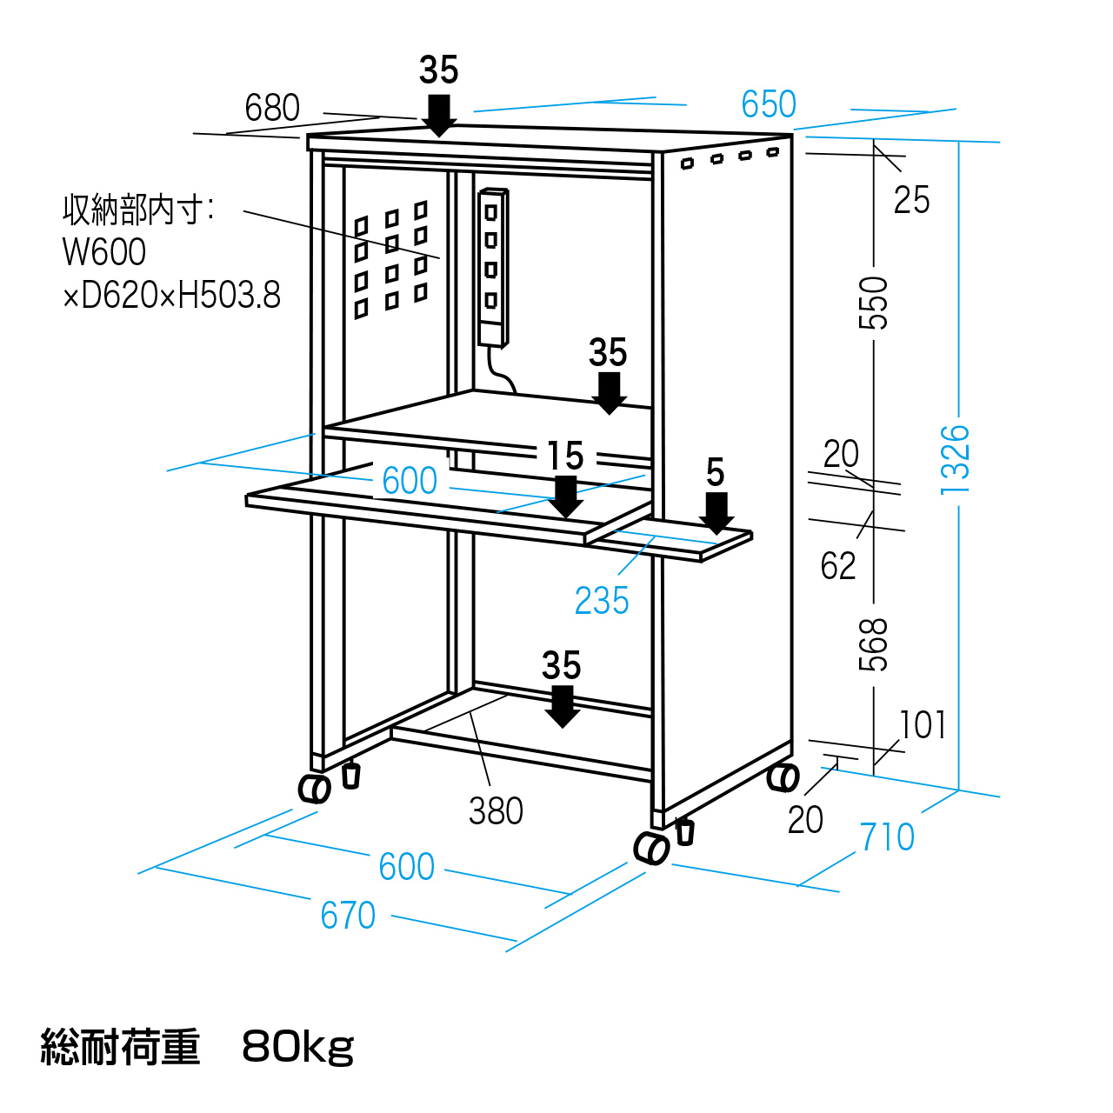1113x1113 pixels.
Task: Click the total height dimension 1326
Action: [955, 459]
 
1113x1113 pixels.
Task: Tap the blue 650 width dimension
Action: [769, 105]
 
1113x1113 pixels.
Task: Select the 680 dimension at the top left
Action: [272, 109]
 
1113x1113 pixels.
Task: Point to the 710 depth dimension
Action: [887, 837]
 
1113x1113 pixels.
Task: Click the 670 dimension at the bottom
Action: [348, 916]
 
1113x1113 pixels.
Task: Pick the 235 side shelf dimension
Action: [602, 601]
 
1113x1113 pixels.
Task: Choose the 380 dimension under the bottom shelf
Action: [496, 811]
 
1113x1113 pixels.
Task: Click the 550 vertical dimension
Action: [874, 303]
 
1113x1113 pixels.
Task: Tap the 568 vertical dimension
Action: [874, 644]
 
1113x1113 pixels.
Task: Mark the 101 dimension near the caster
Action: [923, 725]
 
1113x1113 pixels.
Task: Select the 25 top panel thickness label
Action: [911, 200]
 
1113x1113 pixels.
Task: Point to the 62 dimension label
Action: [838, 566]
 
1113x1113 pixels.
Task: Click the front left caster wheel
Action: [314, 789]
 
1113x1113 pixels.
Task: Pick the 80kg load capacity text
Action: [298, 1047]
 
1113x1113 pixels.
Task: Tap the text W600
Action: [104, 252]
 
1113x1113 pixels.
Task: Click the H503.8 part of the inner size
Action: [230, 296]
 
